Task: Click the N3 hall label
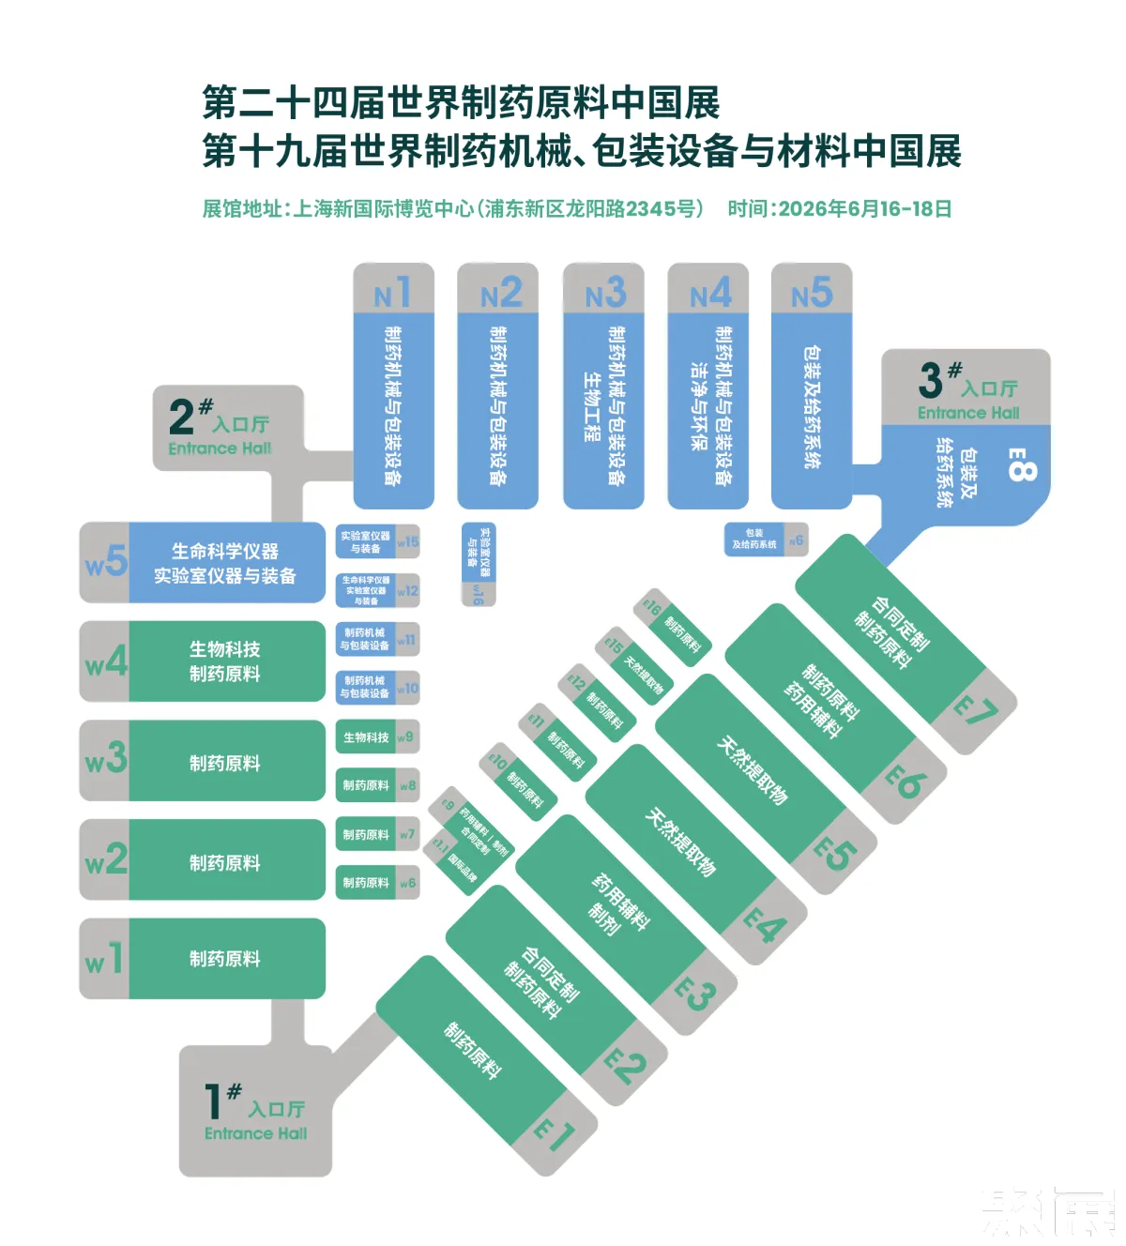[604, 294]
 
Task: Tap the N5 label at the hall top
[812, 294]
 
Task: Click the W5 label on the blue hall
[104, 563]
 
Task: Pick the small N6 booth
[766, 539]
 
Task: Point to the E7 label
[977, 713]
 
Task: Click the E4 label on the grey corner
[766, 926]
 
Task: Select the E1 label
[554, 1133]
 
